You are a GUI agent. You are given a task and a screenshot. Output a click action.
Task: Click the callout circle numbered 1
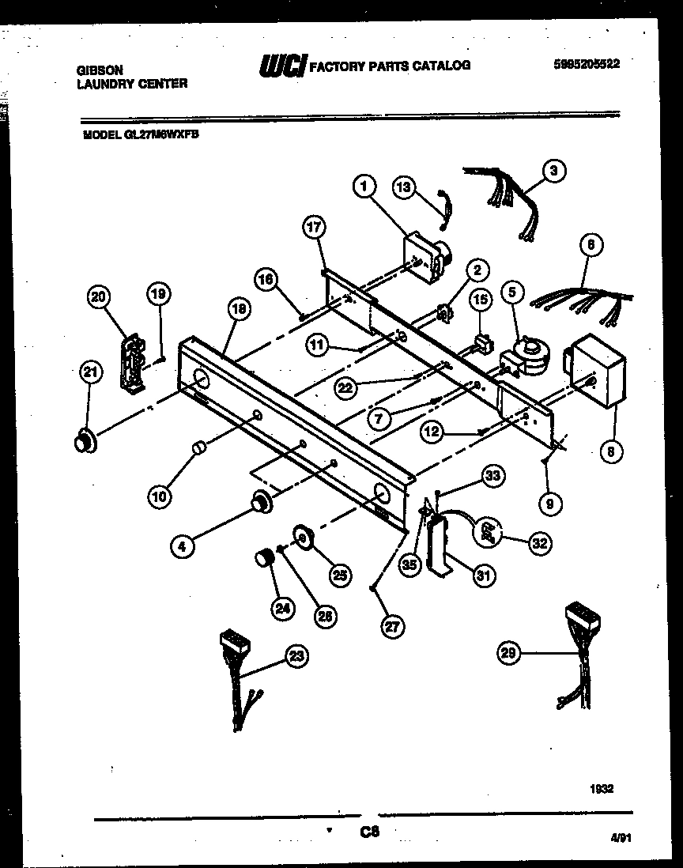pos(364,187)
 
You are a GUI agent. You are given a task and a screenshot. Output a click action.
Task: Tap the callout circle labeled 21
pos(89,373)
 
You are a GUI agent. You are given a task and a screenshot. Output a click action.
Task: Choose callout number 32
pos(541,542)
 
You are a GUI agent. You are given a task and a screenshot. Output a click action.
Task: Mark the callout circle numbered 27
pos(391,626)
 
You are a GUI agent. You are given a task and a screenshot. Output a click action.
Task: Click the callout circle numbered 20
pos(99,297)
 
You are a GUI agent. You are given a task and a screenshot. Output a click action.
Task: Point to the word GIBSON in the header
pos(100,70)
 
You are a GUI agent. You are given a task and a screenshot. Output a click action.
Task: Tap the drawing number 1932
pos(601,788)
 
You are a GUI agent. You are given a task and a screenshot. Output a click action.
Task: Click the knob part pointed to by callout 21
pos(82,441)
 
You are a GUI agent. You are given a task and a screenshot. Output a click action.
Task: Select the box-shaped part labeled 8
pos(598,371)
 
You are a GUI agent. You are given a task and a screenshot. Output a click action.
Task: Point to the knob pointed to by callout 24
pos(262,559)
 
